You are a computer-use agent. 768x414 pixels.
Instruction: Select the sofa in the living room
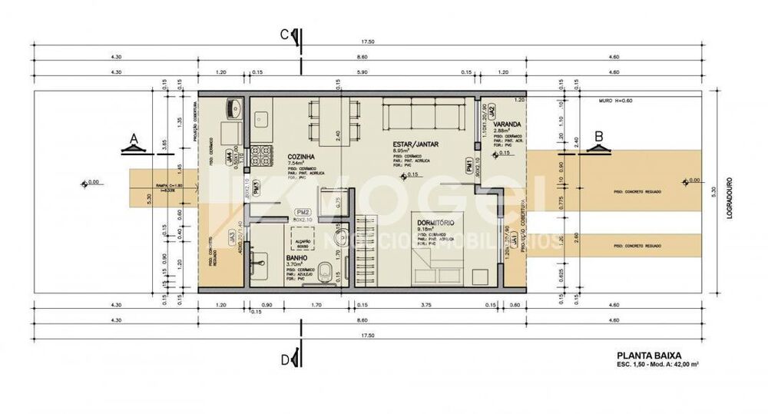pos(424,117)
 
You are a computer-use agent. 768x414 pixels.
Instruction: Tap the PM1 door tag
pos(468,165)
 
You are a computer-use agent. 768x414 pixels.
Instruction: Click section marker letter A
pos(133,138)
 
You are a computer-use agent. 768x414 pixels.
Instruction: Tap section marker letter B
pos(598,137)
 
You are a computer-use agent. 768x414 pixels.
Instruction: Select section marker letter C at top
pos(284,34)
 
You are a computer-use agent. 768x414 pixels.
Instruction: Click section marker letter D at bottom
pos(284,359)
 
